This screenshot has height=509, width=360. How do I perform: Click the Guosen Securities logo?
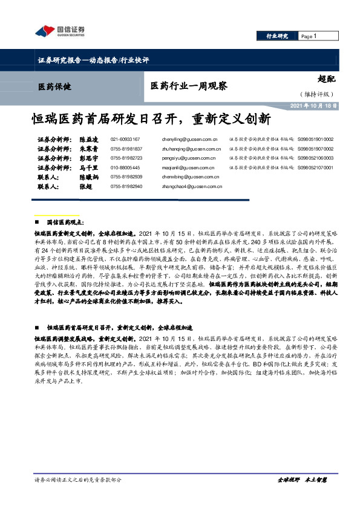coord(59,31)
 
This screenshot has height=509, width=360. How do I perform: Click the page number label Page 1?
coord(309,36)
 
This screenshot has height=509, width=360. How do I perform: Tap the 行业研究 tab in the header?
coord(277,36)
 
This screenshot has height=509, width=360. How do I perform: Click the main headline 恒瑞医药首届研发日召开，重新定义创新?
coord(151,117)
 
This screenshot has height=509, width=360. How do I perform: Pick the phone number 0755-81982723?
coord(126,158)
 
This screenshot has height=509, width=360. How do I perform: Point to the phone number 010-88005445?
coord(125,168)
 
